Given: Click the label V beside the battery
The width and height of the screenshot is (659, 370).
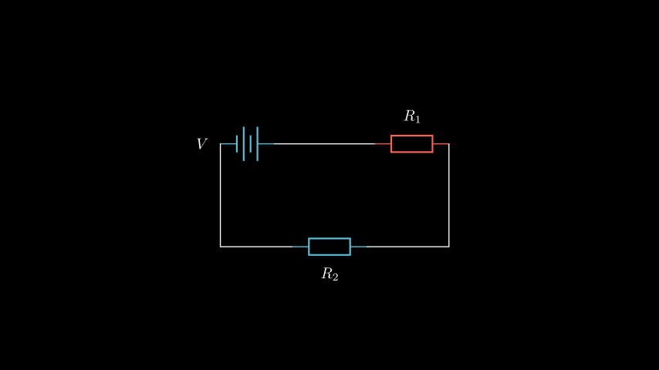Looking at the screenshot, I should pyautogui.click(x=201, y=144).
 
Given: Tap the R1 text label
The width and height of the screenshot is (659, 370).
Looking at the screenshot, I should pyautogui.click(x=412, y=117).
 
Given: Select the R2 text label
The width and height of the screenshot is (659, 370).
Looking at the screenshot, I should pyautogui.click(x=329, y=274).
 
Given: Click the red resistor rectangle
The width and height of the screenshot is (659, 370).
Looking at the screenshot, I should pyautogui.click(x=411, y=144).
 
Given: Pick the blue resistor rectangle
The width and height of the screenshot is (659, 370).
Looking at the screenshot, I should pyautogui.click(x=329, y=247).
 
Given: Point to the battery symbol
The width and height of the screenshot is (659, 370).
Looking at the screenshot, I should pyautogui.click(x=247, y=144).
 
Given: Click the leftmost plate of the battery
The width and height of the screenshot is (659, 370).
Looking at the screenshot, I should pyautogui.click(x=237, y=144).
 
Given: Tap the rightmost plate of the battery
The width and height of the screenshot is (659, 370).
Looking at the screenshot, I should pyautogui.click(x=257, y=144).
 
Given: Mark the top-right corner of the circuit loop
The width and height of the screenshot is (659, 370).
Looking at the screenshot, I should pyautogui.click(x=448, y=144).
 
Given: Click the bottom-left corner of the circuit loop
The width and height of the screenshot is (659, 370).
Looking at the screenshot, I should pyautogui.click(x=221, y=247).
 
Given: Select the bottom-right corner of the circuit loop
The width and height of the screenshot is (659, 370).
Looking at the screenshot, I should pyautogui.click(x=448, y=247).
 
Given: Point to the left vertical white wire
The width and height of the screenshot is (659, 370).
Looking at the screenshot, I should pyautogui.click(x=221, y=197).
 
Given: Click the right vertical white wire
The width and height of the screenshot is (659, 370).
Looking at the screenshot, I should pyautogui.click(x=448, y=197).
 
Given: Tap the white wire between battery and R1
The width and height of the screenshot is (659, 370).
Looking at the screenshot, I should pyautogui.click(x=324, y=144).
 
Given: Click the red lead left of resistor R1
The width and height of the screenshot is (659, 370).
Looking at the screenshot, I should pyautogui.click(x=383, y=144).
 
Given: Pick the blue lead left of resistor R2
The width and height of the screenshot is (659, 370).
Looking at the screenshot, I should pyautogui.click(x=300, y=247).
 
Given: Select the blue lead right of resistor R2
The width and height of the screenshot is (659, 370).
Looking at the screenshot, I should pyautogui.click(x=359, y=247).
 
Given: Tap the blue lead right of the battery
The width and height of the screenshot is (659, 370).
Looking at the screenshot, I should pyautogui.click(x=265, y=144).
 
